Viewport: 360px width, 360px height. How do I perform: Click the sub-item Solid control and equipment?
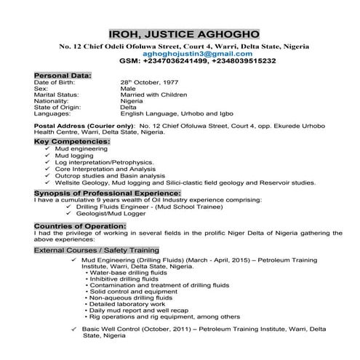pyautogui.click(x=135, y=292)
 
